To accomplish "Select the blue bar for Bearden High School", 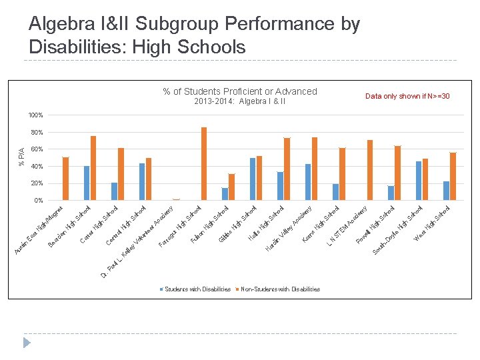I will click(x=87, y=183).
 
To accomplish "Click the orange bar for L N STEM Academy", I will click(x=370, y=170).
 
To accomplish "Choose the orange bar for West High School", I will click(x=453, y=176).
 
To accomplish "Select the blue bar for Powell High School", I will click(x=391, y=193).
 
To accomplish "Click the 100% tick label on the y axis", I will click(x=35, y=115).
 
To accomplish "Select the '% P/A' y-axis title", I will click(x=21, y=157).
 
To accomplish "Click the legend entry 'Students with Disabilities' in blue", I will click(x=197, y=289).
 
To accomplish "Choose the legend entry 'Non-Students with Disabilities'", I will click(x=279, y=289).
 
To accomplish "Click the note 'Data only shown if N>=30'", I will click(x=407, y=97).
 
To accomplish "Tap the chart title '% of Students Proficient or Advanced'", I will click(x=240, y=91).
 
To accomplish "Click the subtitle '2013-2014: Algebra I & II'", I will click(x=240, y=101).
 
